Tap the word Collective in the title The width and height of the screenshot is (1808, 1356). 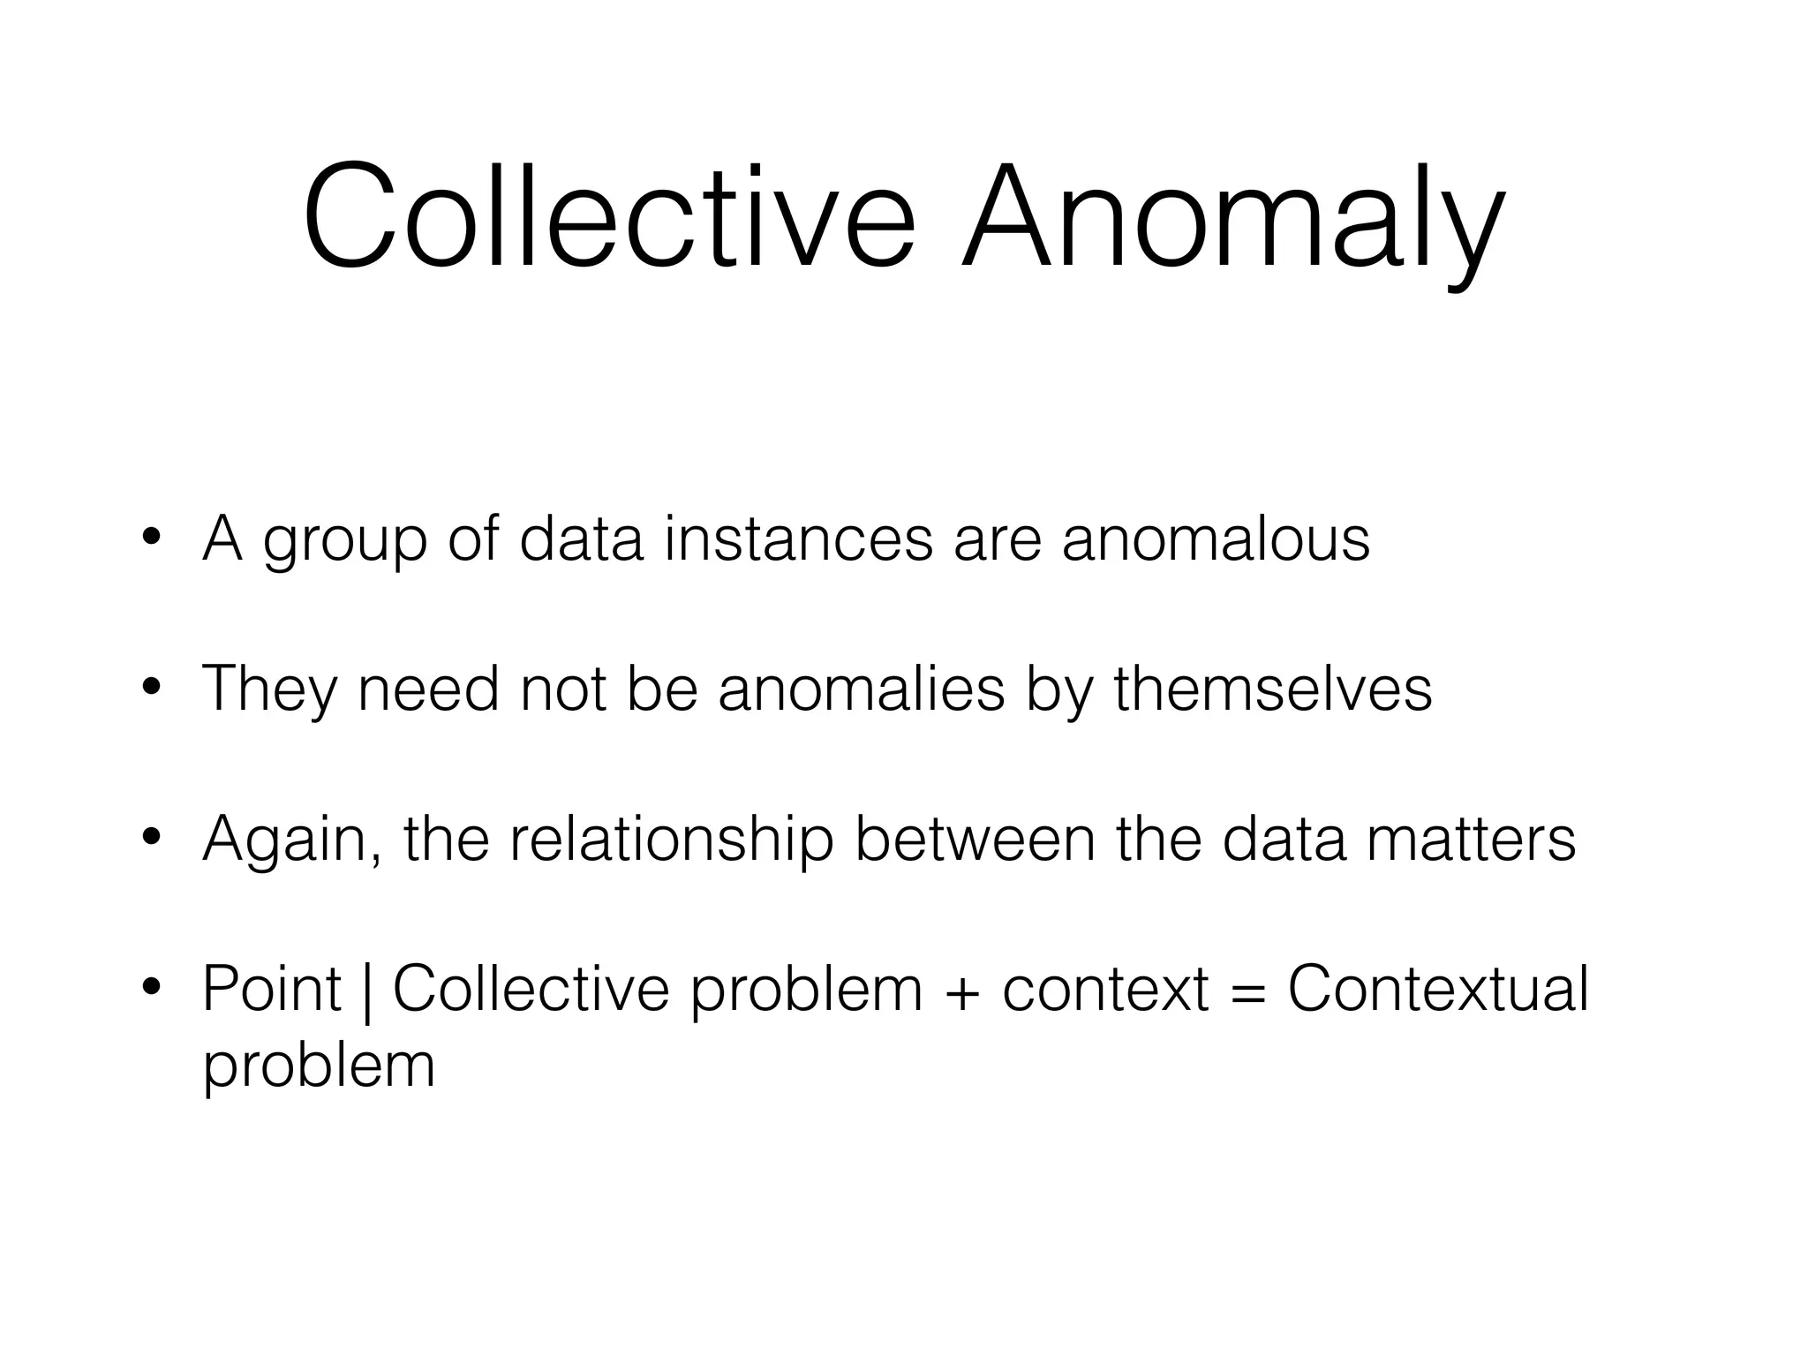coord(609,216)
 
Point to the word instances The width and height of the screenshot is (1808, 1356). coord(798,539)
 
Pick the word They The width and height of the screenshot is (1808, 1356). coord(269,689)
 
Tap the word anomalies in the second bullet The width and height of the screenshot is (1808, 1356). coord(862,689)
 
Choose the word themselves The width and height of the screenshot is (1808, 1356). coord(1272,689)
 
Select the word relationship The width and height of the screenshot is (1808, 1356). coord(671,840)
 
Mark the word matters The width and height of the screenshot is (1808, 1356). coord(1471,839)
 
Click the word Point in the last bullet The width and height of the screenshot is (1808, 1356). coord(271,989)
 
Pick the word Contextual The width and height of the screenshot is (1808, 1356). coord(1438,989)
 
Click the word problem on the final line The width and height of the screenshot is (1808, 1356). coord(319,1066)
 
